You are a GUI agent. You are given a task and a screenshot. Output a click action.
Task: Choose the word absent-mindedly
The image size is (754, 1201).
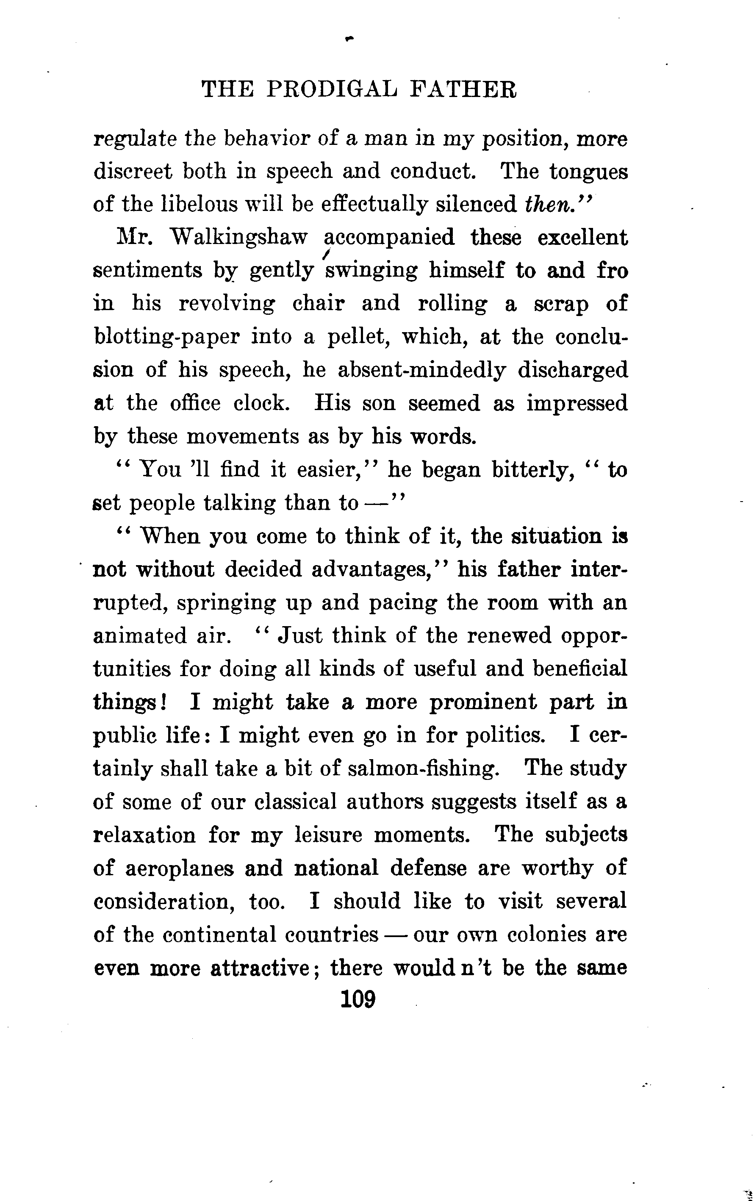[421, 370]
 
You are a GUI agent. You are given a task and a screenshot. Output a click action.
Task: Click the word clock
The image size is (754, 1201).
[261, 403]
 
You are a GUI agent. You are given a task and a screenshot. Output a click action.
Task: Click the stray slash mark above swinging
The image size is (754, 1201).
[326, 255]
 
